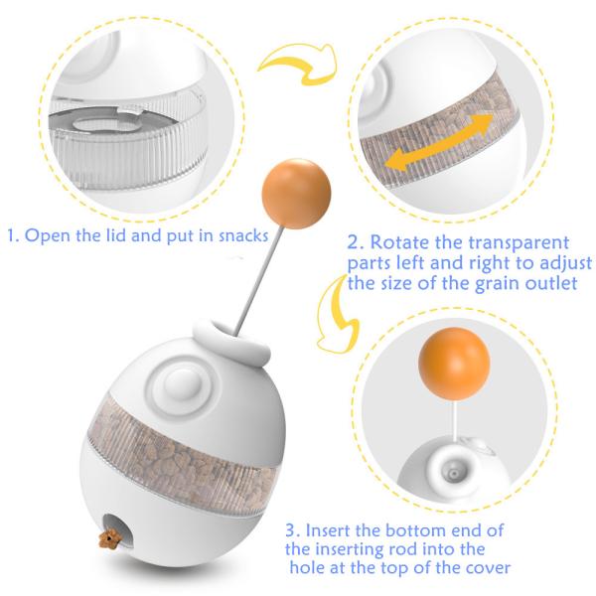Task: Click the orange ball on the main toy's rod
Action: (x=296, y=194)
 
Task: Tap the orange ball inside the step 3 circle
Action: (x=454, y=364)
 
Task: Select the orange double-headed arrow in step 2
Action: (x=439, y=142)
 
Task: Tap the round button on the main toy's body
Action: (x=182, y=384)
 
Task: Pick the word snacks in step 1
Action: (x=243, y=236)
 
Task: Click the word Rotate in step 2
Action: (x=399, y=242)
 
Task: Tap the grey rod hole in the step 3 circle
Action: (x=453, y=474)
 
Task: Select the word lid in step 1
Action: (x=116, y=235)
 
